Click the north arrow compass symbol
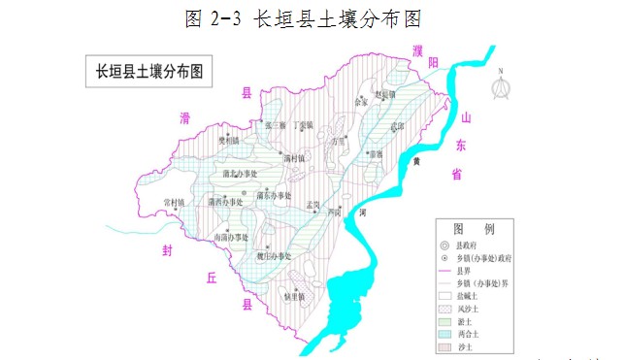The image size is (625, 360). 502,85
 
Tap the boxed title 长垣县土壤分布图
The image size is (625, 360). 147,71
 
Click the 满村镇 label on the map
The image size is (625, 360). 294,156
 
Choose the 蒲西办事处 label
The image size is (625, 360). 225,202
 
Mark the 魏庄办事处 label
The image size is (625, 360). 275,256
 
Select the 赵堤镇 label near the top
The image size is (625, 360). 385,93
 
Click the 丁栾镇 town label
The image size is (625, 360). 303,125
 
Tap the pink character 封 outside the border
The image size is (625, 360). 168,249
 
